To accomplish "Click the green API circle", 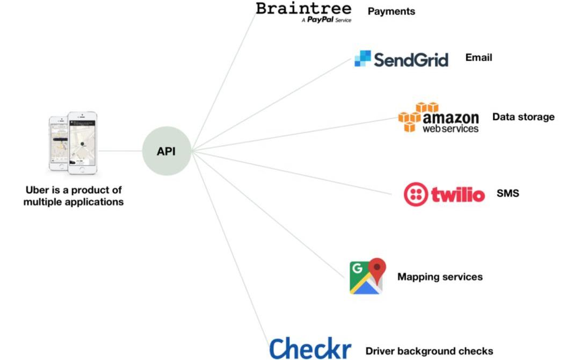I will (x=166, y=151).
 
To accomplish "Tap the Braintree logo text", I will (x=303, y=9).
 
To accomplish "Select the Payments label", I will (x=391, y=11).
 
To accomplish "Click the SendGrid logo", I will (x=401, y=59).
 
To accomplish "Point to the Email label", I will (x=479, y=57).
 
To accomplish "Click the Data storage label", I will (x=523, y=117).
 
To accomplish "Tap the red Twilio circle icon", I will (x=416, y=195).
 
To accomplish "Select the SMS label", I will (x=508, y=193).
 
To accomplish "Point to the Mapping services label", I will (x=440, y=277).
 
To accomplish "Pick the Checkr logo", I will (x=310, y=348).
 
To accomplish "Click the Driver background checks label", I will (x=429, y=351).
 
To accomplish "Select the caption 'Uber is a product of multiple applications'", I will (x=74, y=196).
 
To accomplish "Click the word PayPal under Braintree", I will (x=321, y=20).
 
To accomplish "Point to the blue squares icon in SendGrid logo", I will (x=363, y=58).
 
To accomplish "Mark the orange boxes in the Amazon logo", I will (x=412, y=116).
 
